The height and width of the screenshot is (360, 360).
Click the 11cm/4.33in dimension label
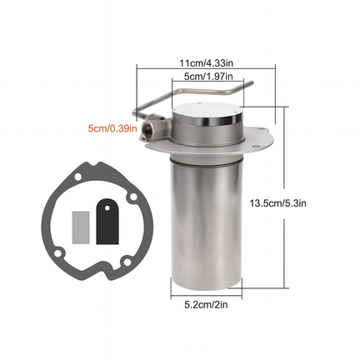(x=206, y=63)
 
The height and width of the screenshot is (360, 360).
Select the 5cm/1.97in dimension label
(x=208, y=76)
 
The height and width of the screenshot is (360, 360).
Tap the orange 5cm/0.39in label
(x=112, y=128)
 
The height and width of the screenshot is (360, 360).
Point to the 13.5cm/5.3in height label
(x=277, y=203)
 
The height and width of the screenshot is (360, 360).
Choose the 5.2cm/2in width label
(x=206, y=305)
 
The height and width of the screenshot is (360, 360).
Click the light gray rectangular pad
(x=81, y=227)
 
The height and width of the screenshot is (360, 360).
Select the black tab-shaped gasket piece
(x=107, y=222)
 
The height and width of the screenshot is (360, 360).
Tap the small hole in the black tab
(x=107, y=207)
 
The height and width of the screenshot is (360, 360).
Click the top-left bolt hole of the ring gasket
(x=77, y=177)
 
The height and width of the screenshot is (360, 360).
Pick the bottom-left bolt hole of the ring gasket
(x=58, y=253)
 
